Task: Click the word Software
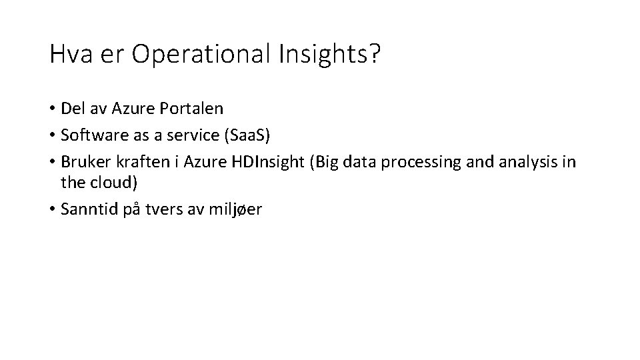click(x=89, y=135)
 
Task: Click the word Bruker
click(x=82, y=163)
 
